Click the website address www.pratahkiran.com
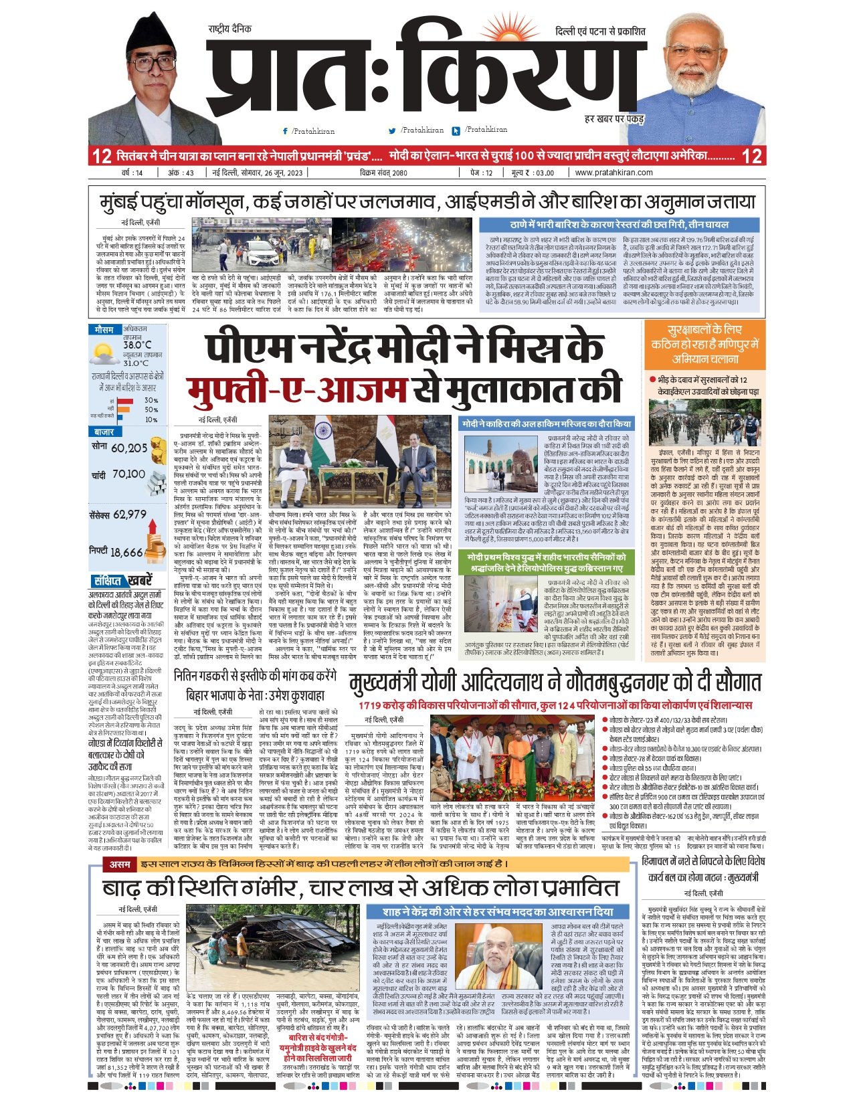pyautogui.click(x=613, y=173)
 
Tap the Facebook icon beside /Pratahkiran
pyautogui.click(x=286, y=131)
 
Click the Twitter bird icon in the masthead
pyautogui.click(x=393, y=131)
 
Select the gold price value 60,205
pyautogui.click(x=129, y=448)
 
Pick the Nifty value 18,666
pyautogui.click(x=126, y=552)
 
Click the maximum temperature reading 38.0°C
pyautogui.click(x=137, y=345)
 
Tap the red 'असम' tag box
pyautogui.click(x=120, y=865)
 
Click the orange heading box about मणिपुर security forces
pyautogui.click(x=704, y=344)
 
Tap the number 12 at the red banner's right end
pyautogui.click(x=752, y=156)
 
